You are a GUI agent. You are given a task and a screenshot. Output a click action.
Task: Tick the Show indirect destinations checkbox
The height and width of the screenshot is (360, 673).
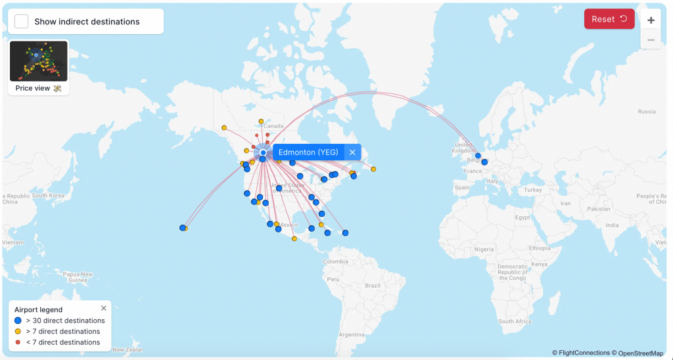click(22, 22)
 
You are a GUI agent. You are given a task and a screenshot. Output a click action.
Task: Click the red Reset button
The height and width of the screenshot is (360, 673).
click(609, 19)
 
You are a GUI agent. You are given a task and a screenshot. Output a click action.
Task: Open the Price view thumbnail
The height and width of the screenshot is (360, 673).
click(39, 62)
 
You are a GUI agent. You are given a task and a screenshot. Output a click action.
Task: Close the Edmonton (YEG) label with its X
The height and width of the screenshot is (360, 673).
click(352, 152)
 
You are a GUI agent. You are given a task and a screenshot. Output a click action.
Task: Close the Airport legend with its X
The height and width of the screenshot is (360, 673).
click(103, 308)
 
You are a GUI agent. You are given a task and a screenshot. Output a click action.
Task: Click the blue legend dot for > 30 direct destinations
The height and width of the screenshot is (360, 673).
click(18, 321)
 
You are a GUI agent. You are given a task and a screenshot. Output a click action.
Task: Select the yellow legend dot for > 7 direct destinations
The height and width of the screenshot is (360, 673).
click(18, 332)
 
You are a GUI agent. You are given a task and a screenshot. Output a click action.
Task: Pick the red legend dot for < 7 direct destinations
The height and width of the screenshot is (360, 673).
click(18, 342)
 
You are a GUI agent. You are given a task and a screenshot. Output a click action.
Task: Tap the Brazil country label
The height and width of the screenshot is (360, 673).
click(373, 286)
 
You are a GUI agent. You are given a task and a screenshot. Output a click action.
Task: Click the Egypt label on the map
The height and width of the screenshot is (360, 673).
click(522, 217)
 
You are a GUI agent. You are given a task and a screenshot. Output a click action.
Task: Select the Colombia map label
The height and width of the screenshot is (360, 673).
click(335, 261)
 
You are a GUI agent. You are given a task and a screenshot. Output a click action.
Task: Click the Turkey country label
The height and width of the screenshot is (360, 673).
click(533, 190)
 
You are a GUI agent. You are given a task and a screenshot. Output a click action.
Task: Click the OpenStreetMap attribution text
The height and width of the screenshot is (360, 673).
click(641, 353)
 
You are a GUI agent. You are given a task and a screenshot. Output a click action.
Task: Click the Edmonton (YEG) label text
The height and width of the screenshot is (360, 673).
click(308, 152)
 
